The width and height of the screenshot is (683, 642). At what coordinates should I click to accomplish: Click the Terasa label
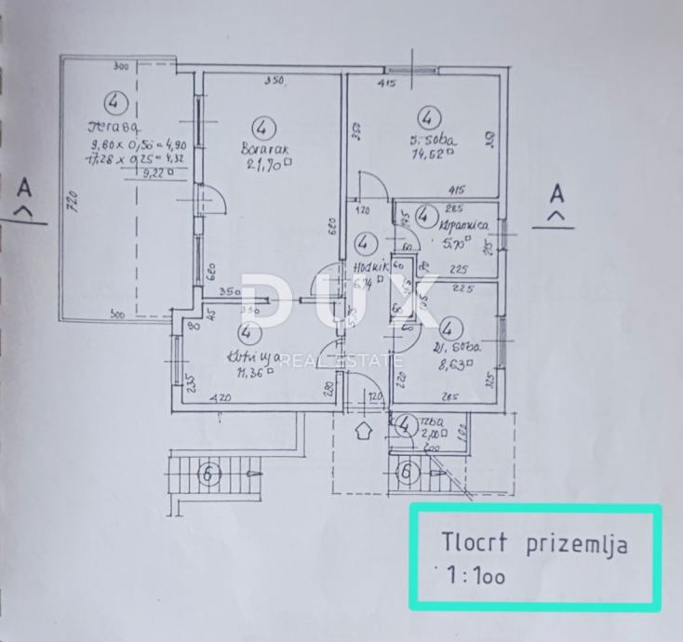pos(114,127)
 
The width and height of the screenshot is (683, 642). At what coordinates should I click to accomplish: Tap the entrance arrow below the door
pos(364,431)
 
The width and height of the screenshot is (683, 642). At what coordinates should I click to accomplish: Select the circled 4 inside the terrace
pos(114,100)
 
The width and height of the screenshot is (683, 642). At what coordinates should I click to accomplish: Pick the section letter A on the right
pos(556,194)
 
